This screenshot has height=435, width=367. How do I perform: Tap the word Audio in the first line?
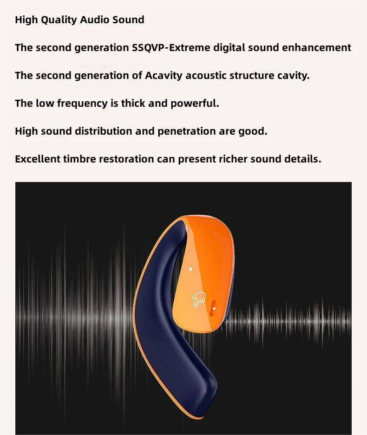click(x=95, y=19)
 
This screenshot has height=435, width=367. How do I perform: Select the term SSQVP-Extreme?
click(x=171, y=48)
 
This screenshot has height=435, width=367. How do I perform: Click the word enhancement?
click(x=317, y=47)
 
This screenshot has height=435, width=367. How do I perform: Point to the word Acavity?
click(x=164, y=76)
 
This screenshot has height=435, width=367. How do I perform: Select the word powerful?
click(x=195, y=104)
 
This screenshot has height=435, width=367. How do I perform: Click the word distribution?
click(x=103, y=131)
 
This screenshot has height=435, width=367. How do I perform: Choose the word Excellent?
click(x=38, y=159)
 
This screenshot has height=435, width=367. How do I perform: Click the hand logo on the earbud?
click(x=199, y=299)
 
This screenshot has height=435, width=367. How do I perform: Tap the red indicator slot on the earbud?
click(x=214, y=308)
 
